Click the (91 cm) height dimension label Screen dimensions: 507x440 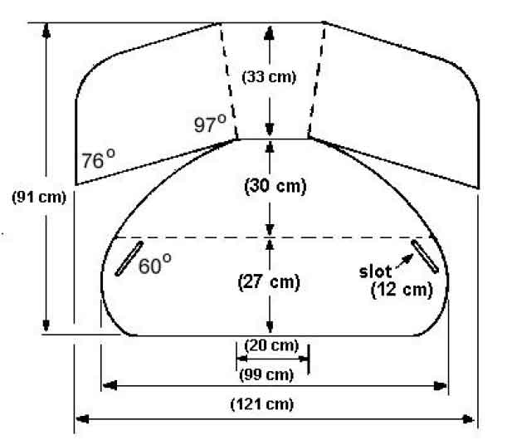(39, 197)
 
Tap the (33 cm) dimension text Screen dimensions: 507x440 (269, 77)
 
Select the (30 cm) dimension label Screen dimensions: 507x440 (275, 186)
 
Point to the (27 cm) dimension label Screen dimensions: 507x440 (269, 281)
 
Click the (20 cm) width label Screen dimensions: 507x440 (271, 345)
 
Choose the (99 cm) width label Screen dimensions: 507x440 (266, 375)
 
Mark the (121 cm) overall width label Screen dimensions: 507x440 (262, 404)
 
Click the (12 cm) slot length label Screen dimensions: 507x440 (402, 290)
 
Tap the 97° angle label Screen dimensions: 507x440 (210, 124)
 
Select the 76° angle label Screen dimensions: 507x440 (98, 159)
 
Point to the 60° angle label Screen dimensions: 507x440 (155, 265)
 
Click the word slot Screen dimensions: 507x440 (375, 271)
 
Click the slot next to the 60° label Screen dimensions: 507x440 (129, 258)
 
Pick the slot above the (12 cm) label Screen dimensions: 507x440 (425, 257)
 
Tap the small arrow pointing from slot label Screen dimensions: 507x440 (405, 261)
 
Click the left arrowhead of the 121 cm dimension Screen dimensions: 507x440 (82, 419)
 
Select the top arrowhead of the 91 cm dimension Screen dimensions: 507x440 (46, 30)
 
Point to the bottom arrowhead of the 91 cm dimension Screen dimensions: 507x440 (46, 325)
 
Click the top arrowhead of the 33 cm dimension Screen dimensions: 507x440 (270, 33)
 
